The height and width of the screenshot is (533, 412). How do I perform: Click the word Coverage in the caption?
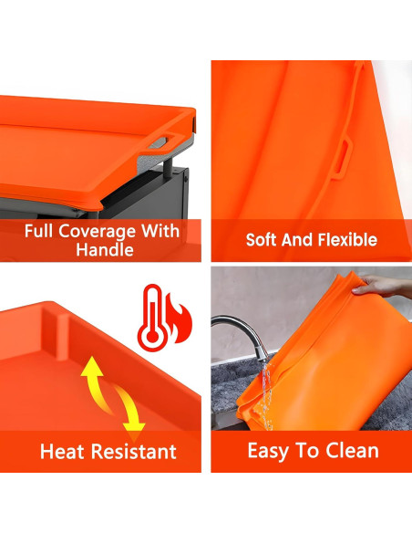tap(97, 232)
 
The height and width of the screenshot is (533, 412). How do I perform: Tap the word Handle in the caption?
tap(105, 250)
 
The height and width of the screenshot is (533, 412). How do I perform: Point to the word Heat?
tap(62, 452)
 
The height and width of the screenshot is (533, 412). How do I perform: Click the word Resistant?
tap(134, 452)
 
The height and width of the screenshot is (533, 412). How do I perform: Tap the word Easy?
tap(269, 452)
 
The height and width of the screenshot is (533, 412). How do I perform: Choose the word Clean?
tap(352, 451)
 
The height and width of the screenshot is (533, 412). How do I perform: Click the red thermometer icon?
tap(153, 318)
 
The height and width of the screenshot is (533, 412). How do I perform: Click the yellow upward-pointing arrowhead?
tap(92, 366)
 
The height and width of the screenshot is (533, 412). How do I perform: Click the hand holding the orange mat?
tap(380, 287)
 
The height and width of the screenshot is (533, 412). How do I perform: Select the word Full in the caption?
tap(38, 231)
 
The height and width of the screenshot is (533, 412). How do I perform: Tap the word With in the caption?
tap(160, 231)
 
